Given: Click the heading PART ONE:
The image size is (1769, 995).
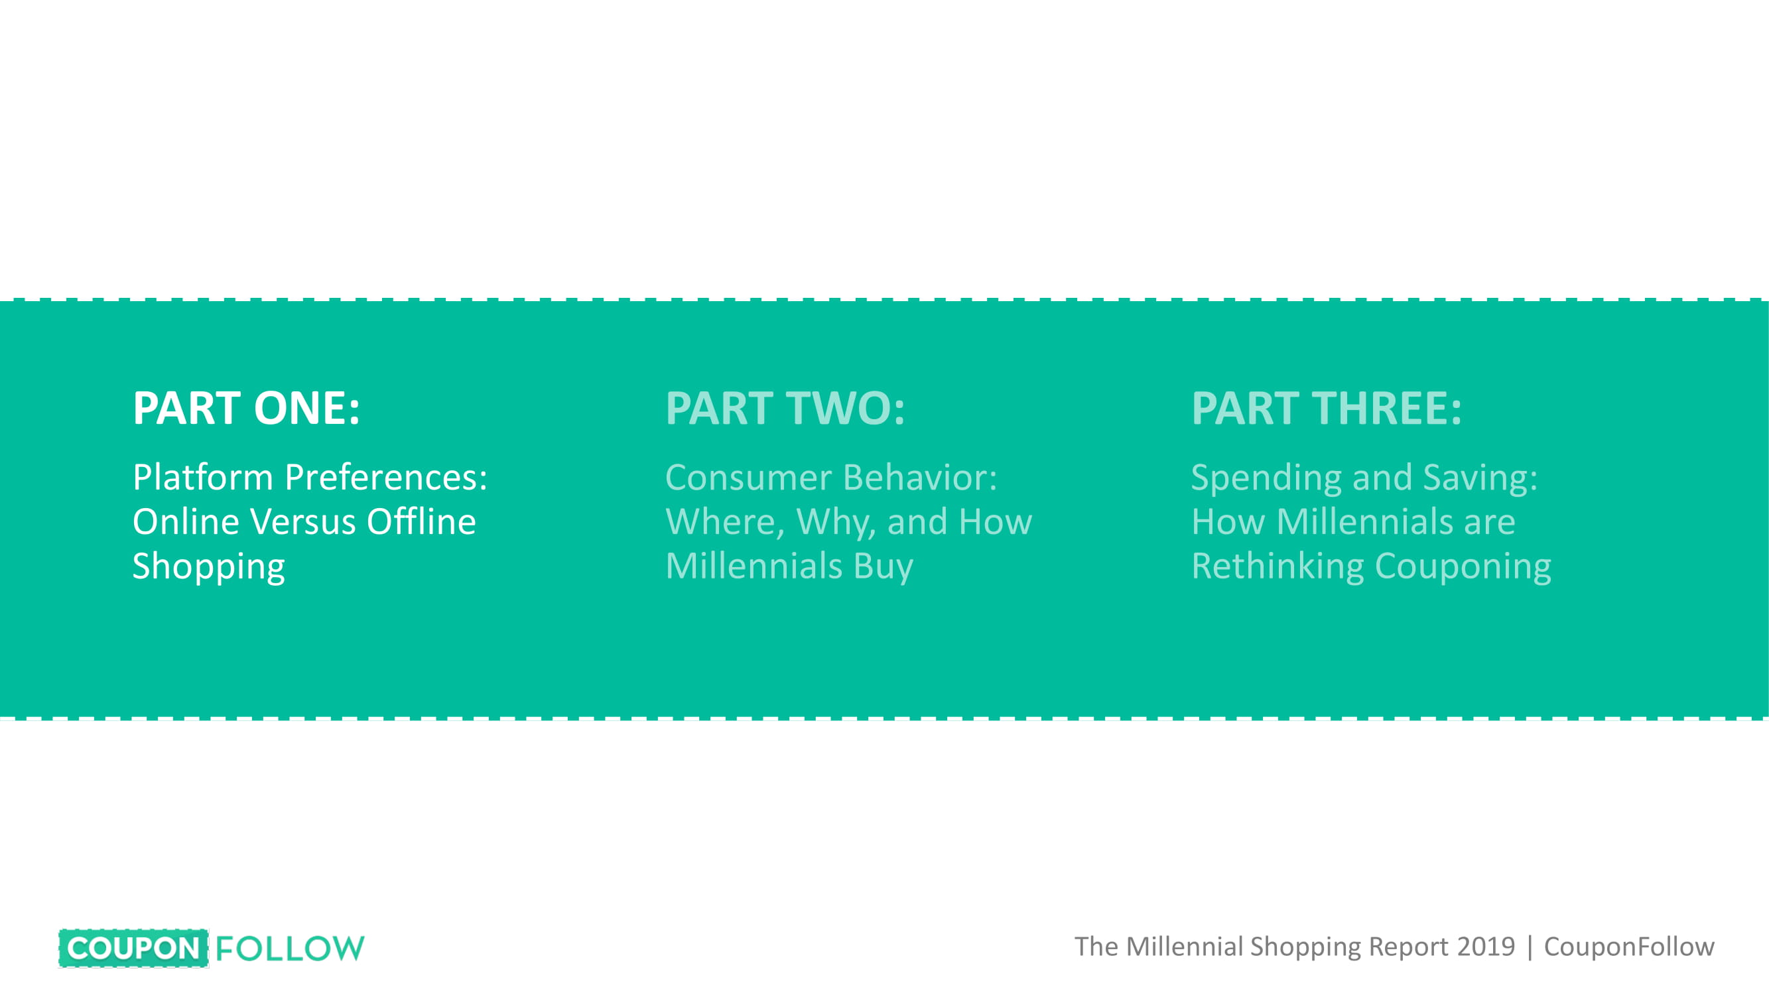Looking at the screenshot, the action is click(x=246, y=408).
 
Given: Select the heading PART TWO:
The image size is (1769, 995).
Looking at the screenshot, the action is click(x=785, y=408).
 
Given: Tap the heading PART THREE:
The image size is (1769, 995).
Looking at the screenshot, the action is click(x=1326, y=408).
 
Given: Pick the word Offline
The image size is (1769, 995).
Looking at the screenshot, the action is click(x=421, y=521).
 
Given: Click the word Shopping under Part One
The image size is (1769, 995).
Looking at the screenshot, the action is click(x=209, y=567).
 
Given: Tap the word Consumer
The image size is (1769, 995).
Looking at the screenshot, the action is click(x=749, y=477).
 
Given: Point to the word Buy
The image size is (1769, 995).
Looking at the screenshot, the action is click(x=883, y=567).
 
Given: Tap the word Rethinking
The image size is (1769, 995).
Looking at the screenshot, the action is click(x=1278, y=567).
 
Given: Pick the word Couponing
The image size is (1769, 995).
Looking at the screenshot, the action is click(x=1463, y=567).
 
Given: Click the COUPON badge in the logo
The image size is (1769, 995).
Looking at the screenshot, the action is click(x=134, y=949).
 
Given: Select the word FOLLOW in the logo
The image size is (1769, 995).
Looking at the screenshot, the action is click(x=290, y=949).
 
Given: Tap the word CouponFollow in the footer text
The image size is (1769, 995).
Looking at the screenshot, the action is click(x=1629, y=947).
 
